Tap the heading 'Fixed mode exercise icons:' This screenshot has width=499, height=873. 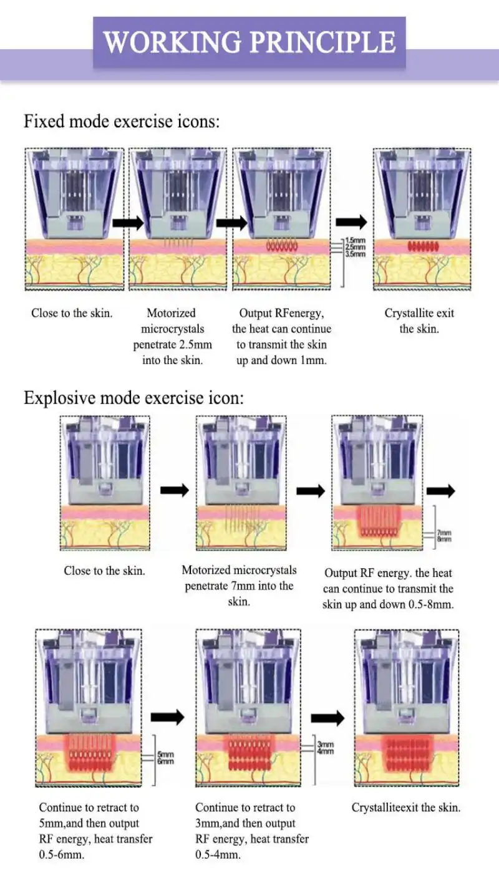click(x=122, y=121)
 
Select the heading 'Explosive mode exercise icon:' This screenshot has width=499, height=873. click(x=133, y=397)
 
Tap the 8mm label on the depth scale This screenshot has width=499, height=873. click(x=445, y=539)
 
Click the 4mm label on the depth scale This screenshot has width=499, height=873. click(x=326, y=752)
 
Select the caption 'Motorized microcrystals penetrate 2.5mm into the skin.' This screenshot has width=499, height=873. click(x=171, y=336)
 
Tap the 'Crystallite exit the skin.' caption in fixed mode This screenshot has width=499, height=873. click(x=419, y=321)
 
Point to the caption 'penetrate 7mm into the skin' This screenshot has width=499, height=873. click(x=239, y=586)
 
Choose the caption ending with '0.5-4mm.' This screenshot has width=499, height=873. click(x=252, y=831)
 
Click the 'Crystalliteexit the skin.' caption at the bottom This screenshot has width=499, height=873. click(x=406, y=808)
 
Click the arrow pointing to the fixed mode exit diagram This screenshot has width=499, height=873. click(x=351, y=222)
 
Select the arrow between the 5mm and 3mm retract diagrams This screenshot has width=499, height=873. click(x=168, y=717)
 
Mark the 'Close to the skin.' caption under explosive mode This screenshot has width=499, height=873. click(x=104, y=571)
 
